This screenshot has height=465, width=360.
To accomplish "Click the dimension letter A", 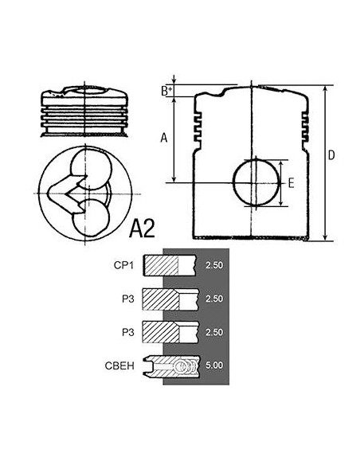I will (163, 137).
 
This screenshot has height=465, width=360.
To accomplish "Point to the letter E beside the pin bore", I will (292, 183).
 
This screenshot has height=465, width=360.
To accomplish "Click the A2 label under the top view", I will (143, 231).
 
